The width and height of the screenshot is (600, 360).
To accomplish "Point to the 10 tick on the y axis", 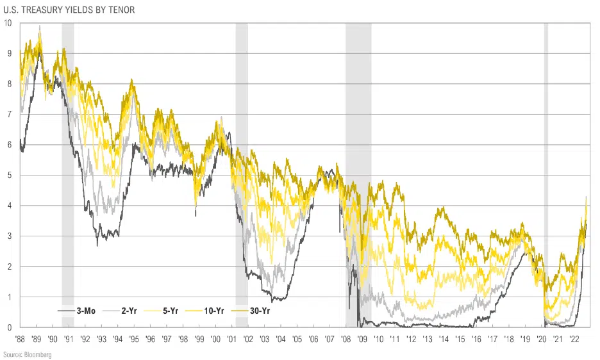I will pyautogui.click(x=7, y=23).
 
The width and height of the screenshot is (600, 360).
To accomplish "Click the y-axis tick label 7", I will pyautogui.click(x=8, y=114).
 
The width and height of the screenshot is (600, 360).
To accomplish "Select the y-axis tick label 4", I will pyautogui.click(x=8, y=206).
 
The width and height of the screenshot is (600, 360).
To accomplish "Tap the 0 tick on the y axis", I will pyautogui.click(x=8, y=327).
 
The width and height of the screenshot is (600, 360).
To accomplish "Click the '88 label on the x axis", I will pyautogui.click(x=21, y=340).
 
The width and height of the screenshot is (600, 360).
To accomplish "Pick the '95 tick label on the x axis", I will pyautogui.click(x=134, y=340).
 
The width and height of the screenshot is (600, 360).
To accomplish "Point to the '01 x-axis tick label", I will pyautogui.click(x=231, y=340).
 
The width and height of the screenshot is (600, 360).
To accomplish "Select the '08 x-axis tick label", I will pyautogui.click(x=346, y=340).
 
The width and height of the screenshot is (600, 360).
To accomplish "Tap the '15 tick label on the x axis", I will pyautogui.click(x=459, y=340).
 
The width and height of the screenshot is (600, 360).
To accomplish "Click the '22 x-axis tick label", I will pyautogui.click(x=573, y=340).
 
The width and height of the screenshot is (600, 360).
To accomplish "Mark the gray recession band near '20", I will pyautogui.click(x=546, y=160).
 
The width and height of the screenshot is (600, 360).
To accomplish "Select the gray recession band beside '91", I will pyautogui.click(x=67, y=160).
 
